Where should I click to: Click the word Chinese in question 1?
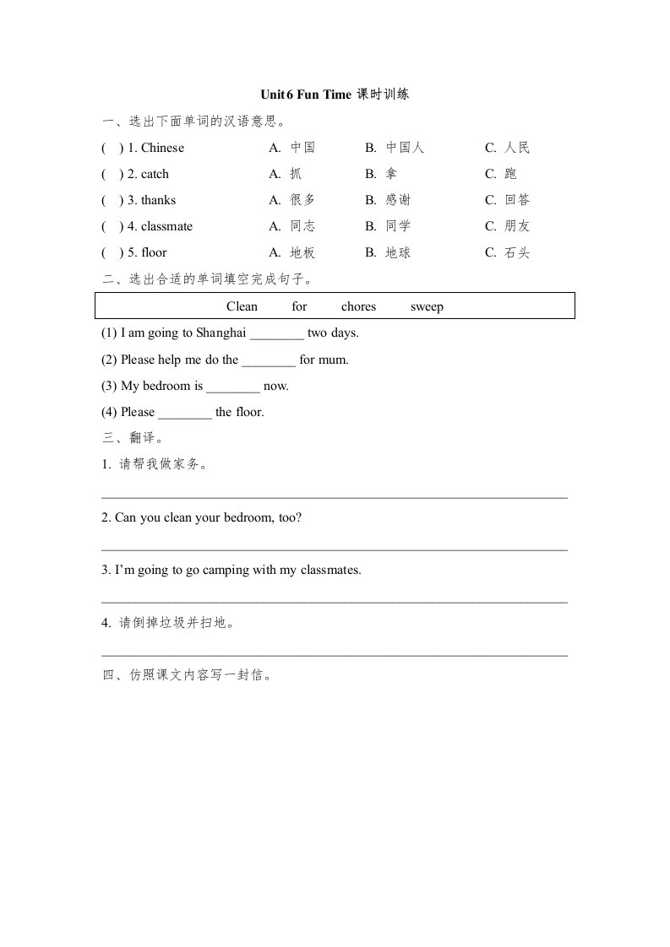tap(162, 149)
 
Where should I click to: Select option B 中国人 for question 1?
tap(405, 149)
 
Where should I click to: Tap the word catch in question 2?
tap(155, 175)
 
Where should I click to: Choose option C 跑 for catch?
tap(510, 175)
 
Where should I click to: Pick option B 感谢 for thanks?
tap(398, 201)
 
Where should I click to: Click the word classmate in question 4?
tap(166, 227)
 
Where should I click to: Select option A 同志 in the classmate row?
tap(302, 227)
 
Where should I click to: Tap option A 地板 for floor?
tap(302, 253)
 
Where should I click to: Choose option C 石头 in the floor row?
tap(516, 253)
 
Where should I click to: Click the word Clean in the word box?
tap(242, 307)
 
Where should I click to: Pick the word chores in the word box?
tap(358, 307)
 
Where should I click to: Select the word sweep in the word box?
tap(427, 307)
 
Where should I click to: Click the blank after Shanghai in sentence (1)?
tap(277, 334)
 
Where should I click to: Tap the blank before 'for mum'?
tap(269, 360)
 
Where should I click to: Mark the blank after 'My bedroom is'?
tap(233, 387)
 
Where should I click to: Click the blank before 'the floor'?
tap(185, 413)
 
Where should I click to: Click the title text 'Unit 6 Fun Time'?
tap(305, 95)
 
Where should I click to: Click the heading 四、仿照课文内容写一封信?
tap(186, 676)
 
